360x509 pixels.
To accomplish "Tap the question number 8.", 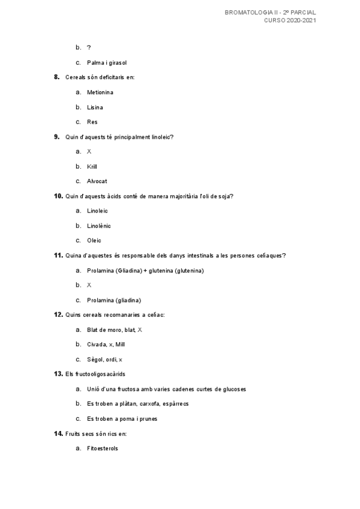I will [x=56, y=77].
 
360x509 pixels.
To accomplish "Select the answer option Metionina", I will [x=100, y=92].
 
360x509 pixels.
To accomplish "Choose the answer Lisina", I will [x=95, y=107].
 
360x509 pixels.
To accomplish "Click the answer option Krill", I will [x=92, y=166].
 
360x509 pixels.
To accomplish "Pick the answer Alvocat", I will [x=97, y=181].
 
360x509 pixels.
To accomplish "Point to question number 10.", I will [x=58, y=196].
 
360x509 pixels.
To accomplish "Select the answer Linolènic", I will [x=99, y=226].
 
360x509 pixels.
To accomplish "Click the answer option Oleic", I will [x=94, y=241].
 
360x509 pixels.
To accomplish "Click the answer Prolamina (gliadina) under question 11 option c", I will [x=114, y=300].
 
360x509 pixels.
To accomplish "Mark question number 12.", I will [x=58, y=315].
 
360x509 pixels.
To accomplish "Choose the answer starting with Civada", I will [x=106, y=345].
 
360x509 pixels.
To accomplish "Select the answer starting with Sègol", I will [x=104, y=360].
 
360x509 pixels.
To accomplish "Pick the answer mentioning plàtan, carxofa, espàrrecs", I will [x=137, y=404].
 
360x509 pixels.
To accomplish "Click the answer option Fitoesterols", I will [x=103, y=448].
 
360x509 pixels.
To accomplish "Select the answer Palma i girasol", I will [x=107, y=62].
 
